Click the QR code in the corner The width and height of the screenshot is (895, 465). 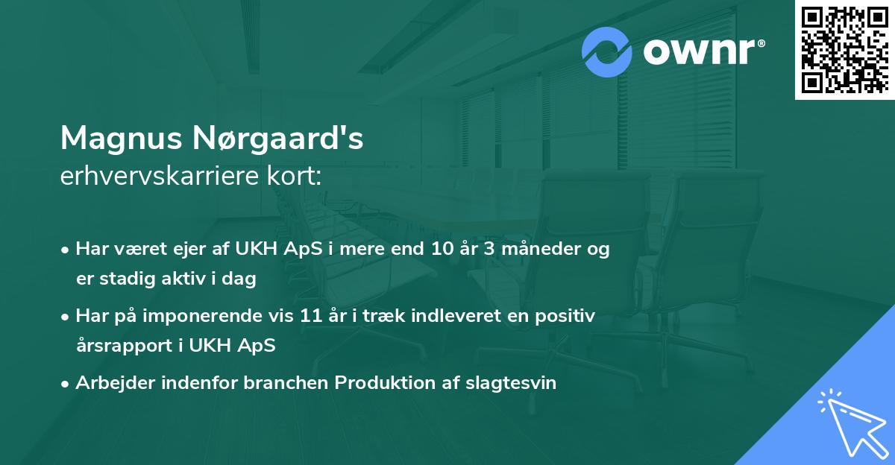point(844,50)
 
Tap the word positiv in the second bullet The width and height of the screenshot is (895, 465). point(568,316)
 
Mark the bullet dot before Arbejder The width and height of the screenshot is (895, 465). point(66,384)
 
